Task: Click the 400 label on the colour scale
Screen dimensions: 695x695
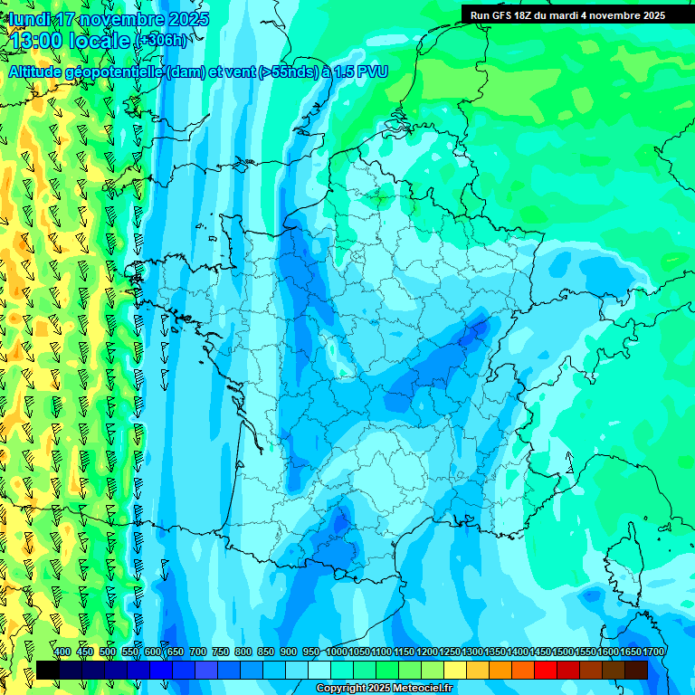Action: (62, 652)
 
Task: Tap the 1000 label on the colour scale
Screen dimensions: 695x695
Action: (337, 652)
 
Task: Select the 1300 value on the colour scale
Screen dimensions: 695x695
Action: (472, 652)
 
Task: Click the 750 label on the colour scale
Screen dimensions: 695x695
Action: (220, 652)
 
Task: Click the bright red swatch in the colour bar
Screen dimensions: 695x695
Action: (546, 670)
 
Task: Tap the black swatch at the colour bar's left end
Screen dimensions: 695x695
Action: (48, 670)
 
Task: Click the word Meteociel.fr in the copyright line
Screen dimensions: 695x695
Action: (423, 689)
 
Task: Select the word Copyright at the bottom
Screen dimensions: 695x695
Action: (342, 689)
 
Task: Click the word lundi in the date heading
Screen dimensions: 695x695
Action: (29, 19)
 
